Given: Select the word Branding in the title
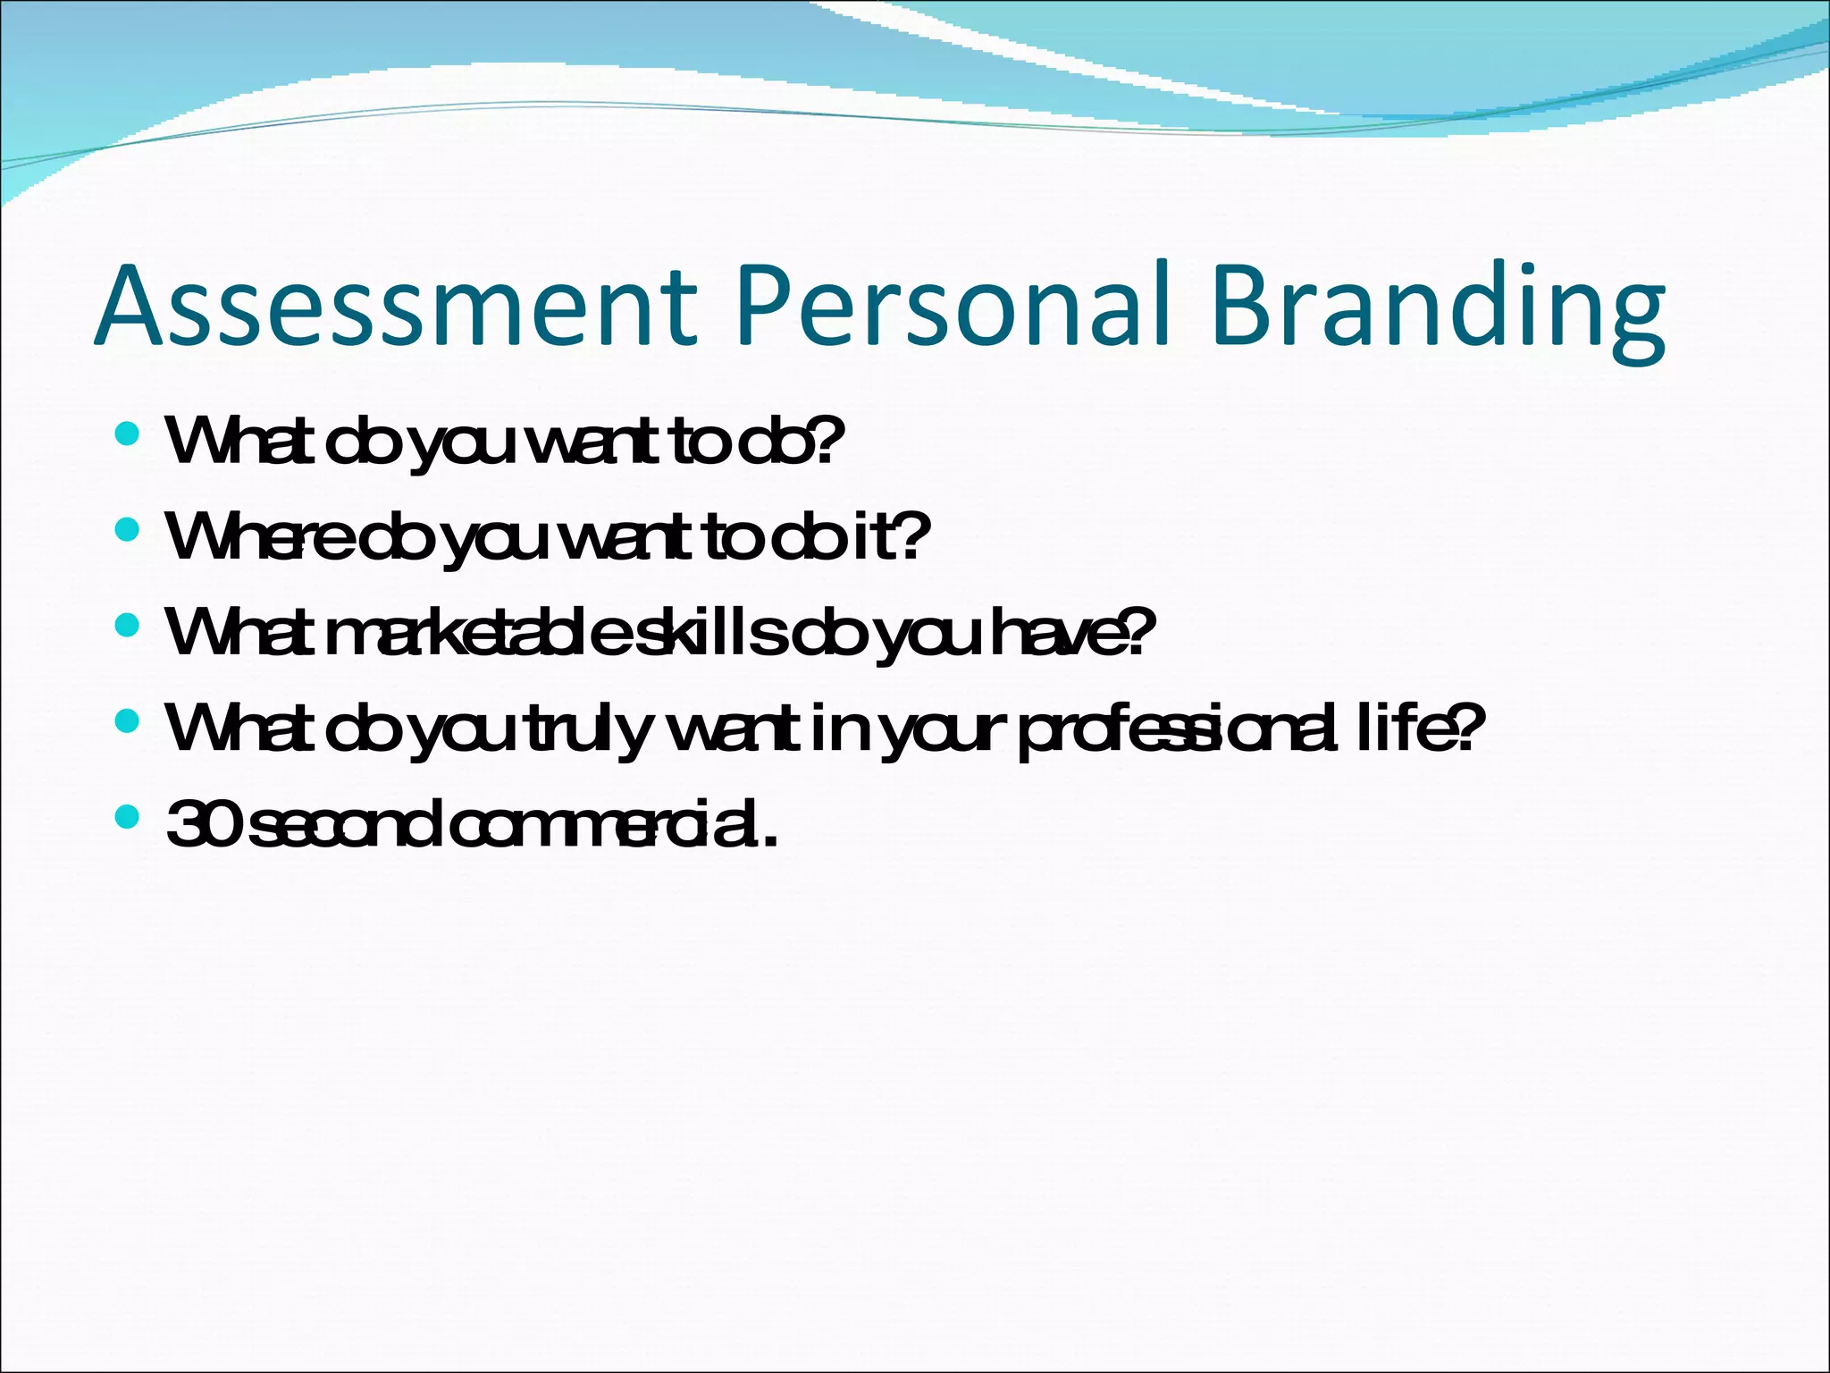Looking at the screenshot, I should (x=1439, y=309).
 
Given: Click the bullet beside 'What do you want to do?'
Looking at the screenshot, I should (x=128, y=434).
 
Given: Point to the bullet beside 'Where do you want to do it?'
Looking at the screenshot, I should (x=128, y=530).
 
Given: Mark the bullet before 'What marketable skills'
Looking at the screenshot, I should (x=128, y=625).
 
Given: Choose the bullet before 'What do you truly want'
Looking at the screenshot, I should (x=128, y=720).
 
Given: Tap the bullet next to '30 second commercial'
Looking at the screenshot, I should (x=128, y=816).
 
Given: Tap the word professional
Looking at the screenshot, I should (x=1180, y=729).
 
